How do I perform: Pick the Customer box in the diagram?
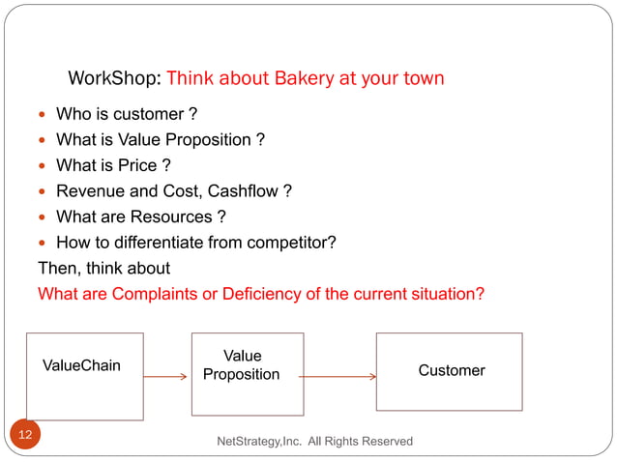tap(449, 371)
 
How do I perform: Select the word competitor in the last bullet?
tap(286, 242)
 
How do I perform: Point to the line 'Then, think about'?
tap(103, 267)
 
